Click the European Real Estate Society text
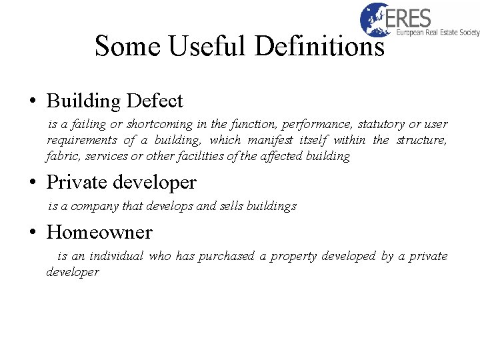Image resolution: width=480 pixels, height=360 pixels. point(437,33)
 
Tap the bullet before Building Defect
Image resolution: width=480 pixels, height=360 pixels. point(32,102)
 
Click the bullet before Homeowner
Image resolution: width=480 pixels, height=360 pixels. point(32,233)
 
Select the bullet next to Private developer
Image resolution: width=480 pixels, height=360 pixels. point(32,182)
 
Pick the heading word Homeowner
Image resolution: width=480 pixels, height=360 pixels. point(99,232)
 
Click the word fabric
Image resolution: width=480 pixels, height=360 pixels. point(61,156)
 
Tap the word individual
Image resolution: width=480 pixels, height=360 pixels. point(116,256)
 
